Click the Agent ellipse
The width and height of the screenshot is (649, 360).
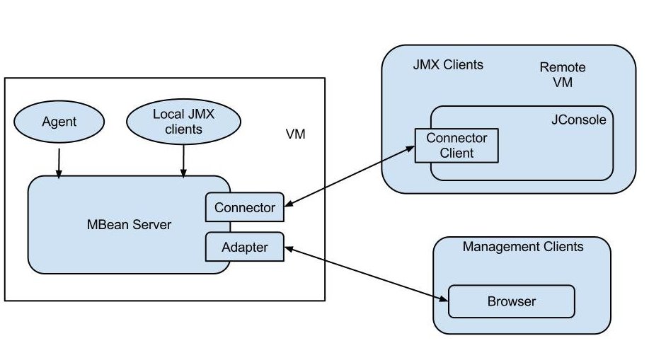[x=59, y=122]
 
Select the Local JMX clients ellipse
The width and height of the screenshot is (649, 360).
[x=177, y=121]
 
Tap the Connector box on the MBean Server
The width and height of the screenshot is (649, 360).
[x=244, y=207]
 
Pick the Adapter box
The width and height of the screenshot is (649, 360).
[x=244, y=247]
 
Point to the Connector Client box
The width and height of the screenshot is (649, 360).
[x=456, y=145]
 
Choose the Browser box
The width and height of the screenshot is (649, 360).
[x=511, y=301]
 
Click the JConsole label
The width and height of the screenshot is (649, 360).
[x=578, y=120]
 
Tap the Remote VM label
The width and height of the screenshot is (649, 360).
[x=563, y=74]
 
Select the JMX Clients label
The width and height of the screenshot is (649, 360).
[x=448, y=65]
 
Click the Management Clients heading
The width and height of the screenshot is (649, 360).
[x=522, y=247]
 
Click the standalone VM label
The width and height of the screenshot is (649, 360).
[x=295, y=134]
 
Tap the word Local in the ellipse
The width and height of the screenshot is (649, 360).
[x=167, y=114]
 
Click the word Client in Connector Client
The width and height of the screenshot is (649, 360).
[x=456, y=152]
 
